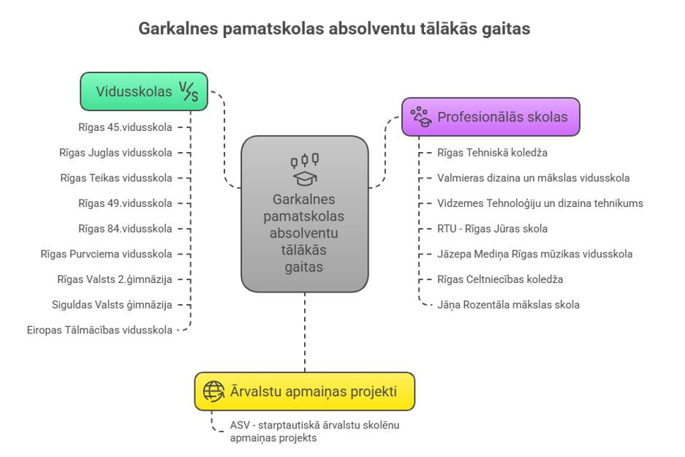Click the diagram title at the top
coord(342,30)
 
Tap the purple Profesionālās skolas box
coord(491,117)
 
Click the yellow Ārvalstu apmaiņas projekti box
coord(304,391)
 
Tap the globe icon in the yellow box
coord(213,391)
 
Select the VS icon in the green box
coord(188,91)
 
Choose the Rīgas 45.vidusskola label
coord(125,127)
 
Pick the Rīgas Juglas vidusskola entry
coord(116,153)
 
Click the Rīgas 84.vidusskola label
coord(125,229)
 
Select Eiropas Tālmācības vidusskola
coord(99,330)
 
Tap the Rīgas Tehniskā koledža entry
coord(492,153)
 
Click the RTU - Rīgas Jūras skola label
coord(492,229)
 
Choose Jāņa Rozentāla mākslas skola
coord(508,304)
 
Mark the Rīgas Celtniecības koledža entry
coord(499,279)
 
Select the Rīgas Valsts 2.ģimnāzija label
coord(114,279)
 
